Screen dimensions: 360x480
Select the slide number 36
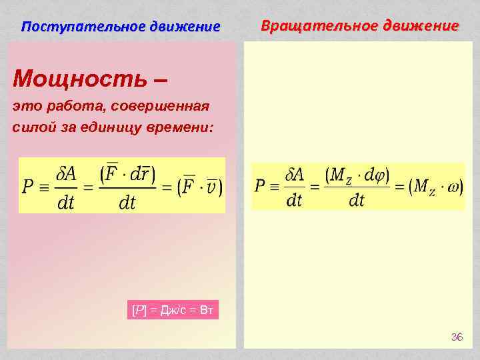pyautogui.click(x=457, y=337)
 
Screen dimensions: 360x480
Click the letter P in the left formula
pyautogui.click(x=29, y=187)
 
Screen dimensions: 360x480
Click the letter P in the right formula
pyautogui.click(x=261, y=186)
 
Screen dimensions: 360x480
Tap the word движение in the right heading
pyautogui.click(x=425, y=26)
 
